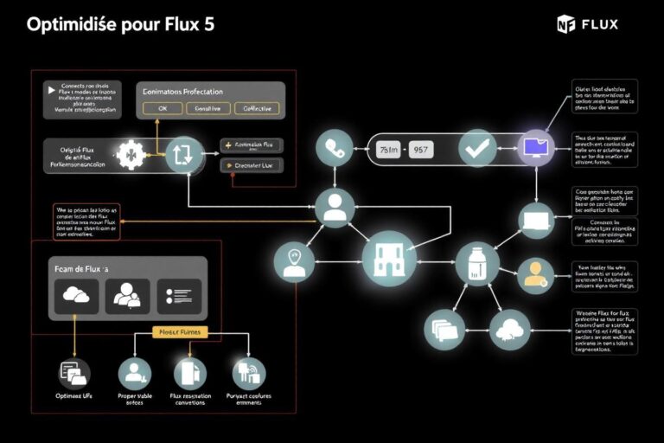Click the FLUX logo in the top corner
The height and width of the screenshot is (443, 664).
coord(587,23)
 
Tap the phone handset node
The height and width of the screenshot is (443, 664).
coord(333,150)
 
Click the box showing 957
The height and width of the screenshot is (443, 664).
coord(421,150)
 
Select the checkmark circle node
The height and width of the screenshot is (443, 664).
coord(477,148)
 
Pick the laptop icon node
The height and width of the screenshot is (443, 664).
coord(536,221)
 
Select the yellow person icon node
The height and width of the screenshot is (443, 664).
coord(536,275)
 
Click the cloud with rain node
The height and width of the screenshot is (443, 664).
coord(509,329)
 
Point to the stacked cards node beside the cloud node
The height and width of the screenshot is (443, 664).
coord(444,330)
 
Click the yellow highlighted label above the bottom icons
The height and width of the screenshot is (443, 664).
coord(178,331)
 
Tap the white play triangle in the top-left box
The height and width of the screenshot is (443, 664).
coord(48,87)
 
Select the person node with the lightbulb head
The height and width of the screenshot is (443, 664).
coord(294,260)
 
